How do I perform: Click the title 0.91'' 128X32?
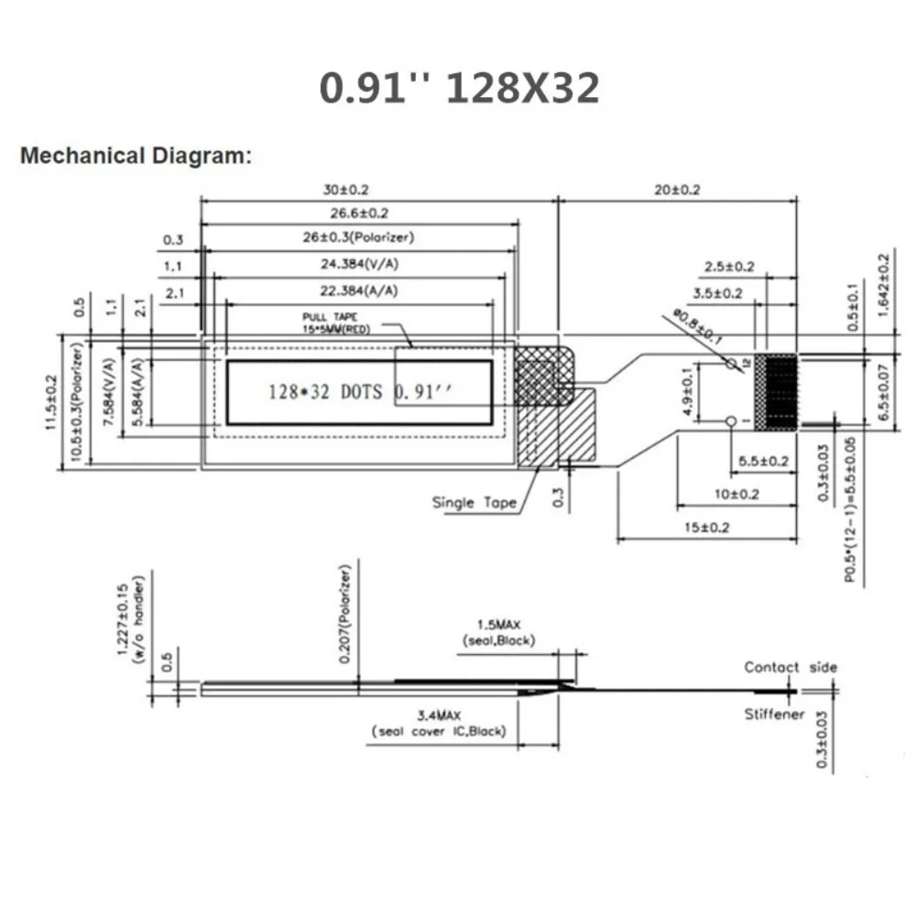[x=459, y=89]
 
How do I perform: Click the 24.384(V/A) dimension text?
[x=359, y=264]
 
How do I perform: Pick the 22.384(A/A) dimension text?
[x=359, y=290]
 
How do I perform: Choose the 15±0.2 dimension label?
[x=707, y=529]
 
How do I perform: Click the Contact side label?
[x=790, y=668]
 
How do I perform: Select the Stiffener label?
[x=775, y=714]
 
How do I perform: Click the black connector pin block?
[x=780, y=392]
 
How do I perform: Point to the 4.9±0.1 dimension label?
[x=689, y=392]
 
